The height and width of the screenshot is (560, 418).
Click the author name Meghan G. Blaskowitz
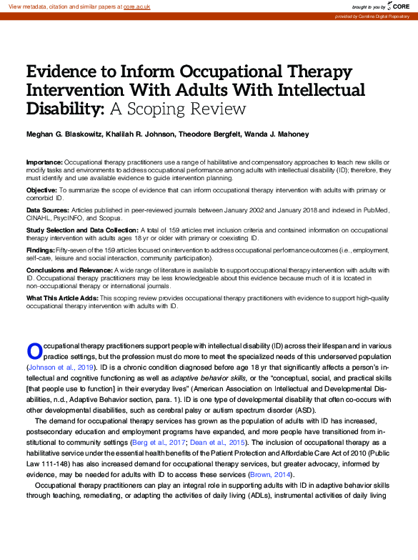pyautogui.click(x=61, y=135)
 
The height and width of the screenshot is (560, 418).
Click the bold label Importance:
pyautogui.click(x=44, y=162)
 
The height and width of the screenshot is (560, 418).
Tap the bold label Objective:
pyautogui.click(x=41, y=189)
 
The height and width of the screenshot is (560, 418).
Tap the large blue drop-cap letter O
pyautogui.click(x=34, y=350)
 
